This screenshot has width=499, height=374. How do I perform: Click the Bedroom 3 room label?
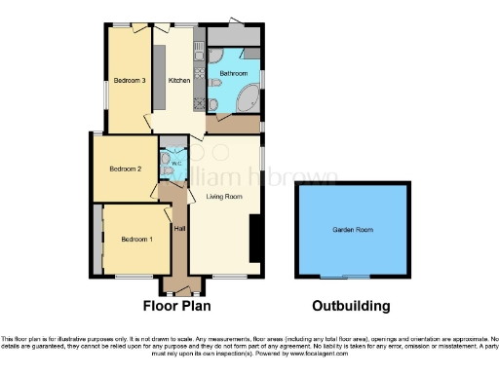pyautogui.click(x=129, y=81)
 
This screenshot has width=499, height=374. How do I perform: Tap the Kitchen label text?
pyautogui.click(x=178, y=81)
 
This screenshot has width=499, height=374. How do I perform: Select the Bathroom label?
pyautogui.click(x=233, y=74)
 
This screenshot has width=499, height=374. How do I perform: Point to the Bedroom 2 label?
pyautogui.click(x=126, y=168)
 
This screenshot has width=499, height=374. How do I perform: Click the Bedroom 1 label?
pyautogui.click(x=137, y=239)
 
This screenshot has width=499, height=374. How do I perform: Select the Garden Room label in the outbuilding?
pyautogui.click(x=351, y=231)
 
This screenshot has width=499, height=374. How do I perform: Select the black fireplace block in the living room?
pyautogui.click(x=255, y=239)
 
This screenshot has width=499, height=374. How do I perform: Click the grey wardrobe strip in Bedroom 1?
pyautogui.click(x=100, y=240)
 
